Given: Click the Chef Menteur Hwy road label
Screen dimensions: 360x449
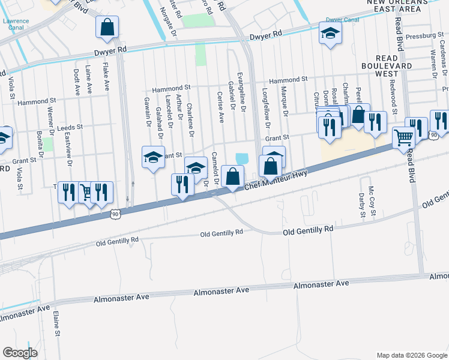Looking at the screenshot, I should point(276,181).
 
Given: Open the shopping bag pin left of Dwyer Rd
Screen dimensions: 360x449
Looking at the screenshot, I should point(107,26).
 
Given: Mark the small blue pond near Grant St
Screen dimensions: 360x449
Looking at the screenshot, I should point(242,158).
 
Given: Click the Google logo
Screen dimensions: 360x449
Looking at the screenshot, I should point(20,352).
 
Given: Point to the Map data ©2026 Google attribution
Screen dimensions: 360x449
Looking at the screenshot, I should point(411,355).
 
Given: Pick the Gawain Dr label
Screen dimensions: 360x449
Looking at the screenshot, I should point(147,112).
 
